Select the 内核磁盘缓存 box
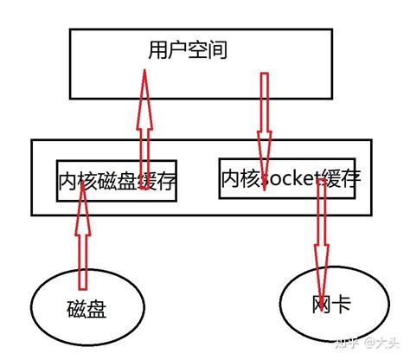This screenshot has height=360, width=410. [116, 181]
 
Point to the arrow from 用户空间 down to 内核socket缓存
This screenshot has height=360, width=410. [263, 112]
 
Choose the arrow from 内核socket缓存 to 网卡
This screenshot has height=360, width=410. [321, 229]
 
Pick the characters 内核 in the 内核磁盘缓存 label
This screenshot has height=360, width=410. [77, 181]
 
